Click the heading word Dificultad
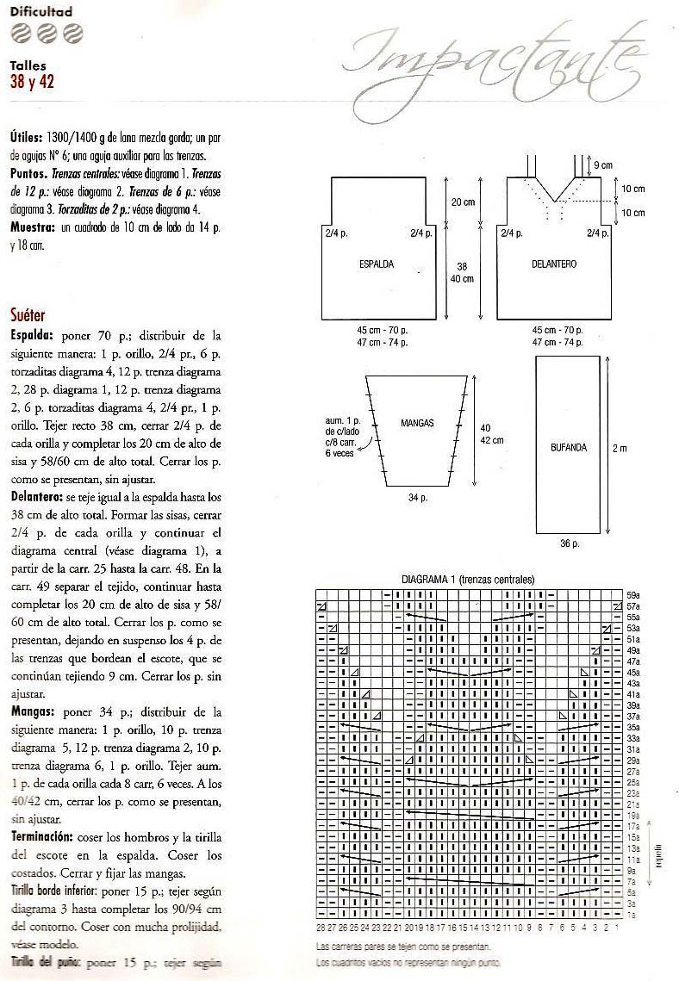41,12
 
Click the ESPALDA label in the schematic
377,264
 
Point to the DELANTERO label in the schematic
554,264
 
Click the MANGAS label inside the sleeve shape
418,424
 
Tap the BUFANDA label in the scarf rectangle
569,447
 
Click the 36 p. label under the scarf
569,544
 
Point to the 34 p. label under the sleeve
417,497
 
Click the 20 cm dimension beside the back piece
464,202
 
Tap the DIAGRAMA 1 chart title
468,580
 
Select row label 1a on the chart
631,914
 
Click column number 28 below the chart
321,928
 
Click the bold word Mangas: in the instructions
34,712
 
